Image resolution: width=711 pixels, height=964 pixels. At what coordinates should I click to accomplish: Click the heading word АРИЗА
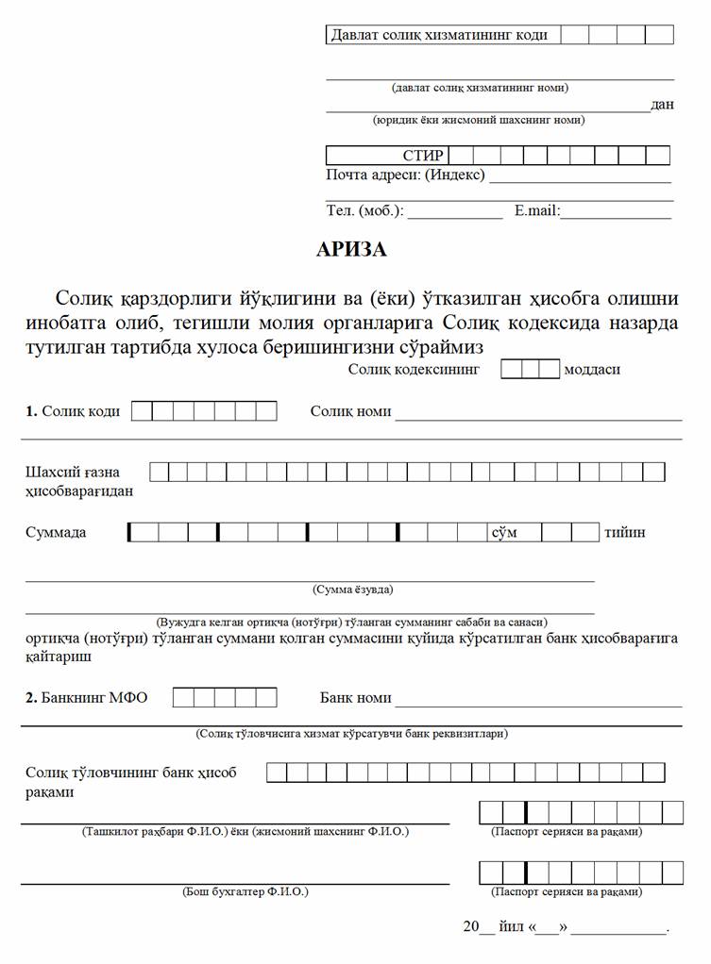(x=351, y=250)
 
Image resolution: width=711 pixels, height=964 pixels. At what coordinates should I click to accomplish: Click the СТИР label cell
(x=422, y=156)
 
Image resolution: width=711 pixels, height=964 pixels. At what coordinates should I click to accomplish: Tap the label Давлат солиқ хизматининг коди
(x=439, y=35)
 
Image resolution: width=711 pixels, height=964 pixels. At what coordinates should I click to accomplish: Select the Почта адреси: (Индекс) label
(x=405, y=175)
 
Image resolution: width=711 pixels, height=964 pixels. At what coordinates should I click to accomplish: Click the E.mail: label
(x=537, y=211)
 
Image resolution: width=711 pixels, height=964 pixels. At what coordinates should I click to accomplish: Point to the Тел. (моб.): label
(x=364, y=211)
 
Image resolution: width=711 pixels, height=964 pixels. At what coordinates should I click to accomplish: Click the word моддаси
(x=592, y=369)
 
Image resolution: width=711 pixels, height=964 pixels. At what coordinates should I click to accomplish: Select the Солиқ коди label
(x=73, y=411)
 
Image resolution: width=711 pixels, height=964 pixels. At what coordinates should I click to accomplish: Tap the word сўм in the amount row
(x=503, y=532)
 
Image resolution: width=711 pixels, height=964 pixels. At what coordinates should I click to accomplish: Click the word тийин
(x=625, y=532)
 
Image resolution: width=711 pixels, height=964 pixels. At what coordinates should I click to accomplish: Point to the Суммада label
(x=56, y=532)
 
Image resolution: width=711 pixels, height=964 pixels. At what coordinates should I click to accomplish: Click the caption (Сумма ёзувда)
(x=352, y=590)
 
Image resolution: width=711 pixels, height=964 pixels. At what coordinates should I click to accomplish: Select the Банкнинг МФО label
(x=87, y=698)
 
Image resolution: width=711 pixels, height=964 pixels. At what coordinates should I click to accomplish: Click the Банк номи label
(x=355, y=698)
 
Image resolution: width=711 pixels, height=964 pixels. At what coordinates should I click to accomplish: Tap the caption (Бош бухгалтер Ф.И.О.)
(x=245, y=891)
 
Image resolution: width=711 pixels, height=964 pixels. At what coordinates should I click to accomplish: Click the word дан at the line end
(x=662, y=104)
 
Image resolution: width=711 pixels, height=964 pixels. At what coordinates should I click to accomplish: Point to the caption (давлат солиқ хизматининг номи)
(x=480, y=88)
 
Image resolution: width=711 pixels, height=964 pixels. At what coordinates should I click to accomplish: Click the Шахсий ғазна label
(x=73, y=472)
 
